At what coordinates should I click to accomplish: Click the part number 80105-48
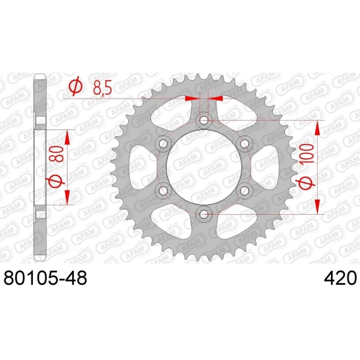pyautogui.click(x=45, y=278)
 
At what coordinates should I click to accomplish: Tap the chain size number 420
pyautogui.click(x=340, y=278)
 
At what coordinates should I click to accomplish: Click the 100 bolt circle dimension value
pyautogui.click(x=308, y=153)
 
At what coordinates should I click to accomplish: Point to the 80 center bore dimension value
pyautogui.click(x=58, y=154)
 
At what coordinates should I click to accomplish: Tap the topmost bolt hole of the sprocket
pyautogui.click(x=203, y=120)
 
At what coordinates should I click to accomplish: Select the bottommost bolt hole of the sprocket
pyautogui.click(x=203, y=215)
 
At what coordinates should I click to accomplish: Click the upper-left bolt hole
pyautogui.click(x=163, y=144)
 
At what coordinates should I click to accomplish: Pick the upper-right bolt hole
pyautogui.click(x=244, y=144)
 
